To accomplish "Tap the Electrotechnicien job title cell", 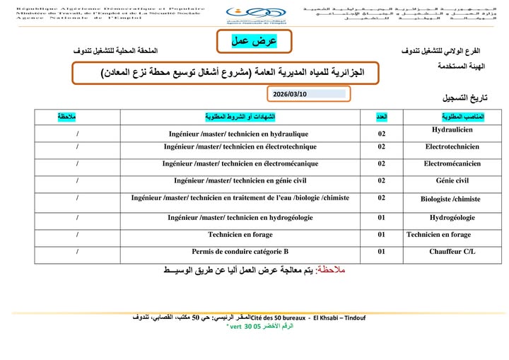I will (452, 147).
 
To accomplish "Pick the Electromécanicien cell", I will (452, 163).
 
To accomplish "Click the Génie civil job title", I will (452, 181).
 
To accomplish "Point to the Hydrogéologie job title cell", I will (452, 218).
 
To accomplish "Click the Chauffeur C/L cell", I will (452, 251).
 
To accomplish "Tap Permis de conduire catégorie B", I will (240, 251).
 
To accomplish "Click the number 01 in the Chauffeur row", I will (381, 251).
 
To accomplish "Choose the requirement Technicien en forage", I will (240, 234).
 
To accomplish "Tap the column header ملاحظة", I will (68, 115).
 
